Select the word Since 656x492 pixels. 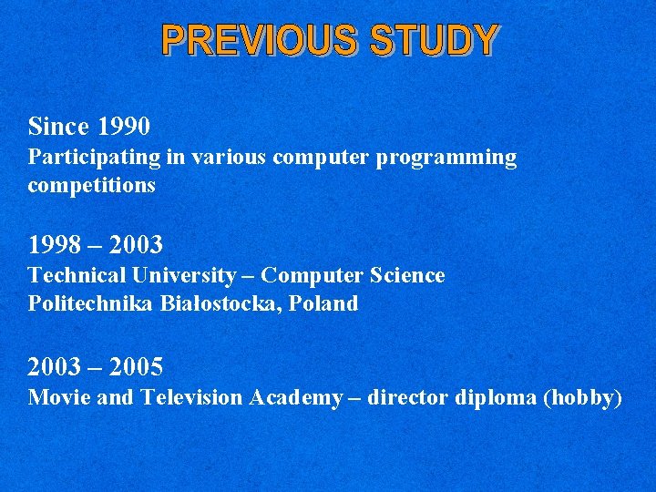(59, 125)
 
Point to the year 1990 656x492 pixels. (124, 125)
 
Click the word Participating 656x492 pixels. (95, 158)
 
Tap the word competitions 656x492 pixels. (91, 186)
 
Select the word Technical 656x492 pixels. (77, 275)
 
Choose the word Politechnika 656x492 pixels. (91, 303)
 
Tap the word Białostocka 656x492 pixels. (220, 303)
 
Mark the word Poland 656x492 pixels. (323, 303)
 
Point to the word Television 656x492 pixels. (191, 397)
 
